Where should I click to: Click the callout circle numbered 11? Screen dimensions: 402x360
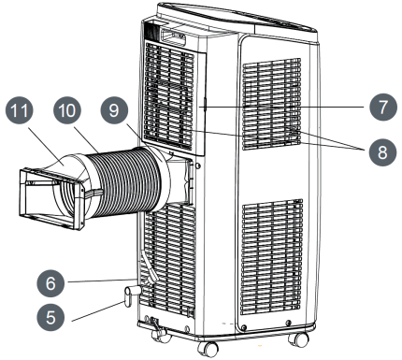[20, 110]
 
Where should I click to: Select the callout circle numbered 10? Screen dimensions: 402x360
[67, 110]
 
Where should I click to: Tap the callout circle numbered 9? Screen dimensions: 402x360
[114, 110]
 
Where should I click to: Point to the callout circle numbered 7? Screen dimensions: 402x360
[383, 107]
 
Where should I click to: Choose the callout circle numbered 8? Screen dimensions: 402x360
[382, 152]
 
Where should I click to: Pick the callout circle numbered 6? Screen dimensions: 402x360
[50, 283]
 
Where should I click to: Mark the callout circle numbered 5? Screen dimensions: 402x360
[50, 317]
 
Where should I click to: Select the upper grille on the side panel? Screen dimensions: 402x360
[272, 104]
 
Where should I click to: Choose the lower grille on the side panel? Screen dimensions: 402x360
[272, 256]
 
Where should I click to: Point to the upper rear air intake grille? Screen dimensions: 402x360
[170, 96]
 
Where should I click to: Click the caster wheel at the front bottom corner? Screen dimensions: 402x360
[206, 349]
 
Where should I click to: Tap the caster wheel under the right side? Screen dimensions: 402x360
[298, 338]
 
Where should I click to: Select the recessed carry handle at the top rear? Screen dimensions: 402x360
[173, 36]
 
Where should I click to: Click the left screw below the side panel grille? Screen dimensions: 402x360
[244, 327]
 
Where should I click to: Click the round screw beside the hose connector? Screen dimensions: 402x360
[197, 166]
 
